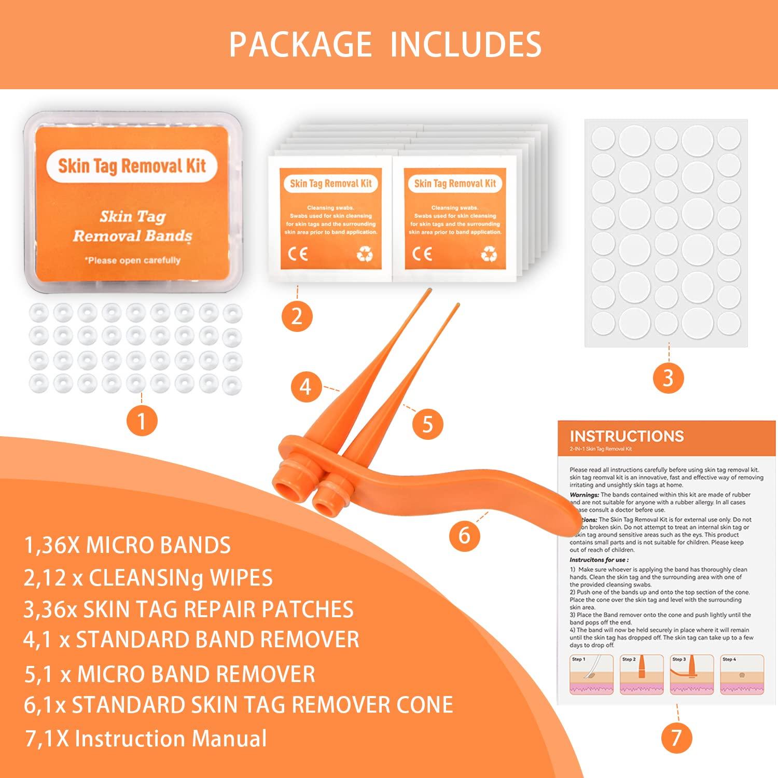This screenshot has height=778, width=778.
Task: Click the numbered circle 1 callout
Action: coord(142,422)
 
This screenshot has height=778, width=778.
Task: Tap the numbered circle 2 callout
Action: coord(297,316)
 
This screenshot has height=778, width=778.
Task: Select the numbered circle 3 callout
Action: coord(668,378)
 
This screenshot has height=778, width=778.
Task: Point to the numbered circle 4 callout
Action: coord(306,387)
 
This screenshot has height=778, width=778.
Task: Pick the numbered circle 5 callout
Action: coord(427,424)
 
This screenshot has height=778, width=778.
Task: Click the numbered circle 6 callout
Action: coord(464,534)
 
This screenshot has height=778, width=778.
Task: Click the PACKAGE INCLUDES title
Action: coord(385,45)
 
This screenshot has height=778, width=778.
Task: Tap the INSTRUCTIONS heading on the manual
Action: coord(627,436)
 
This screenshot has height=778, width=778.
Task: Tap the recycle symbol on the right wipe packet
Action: coord(489,254)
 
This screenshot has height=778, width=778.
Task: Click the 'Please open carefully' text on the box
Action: coord(132,260)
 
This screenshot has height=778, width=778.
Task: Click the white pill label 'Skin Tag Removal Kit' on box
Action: coord(132,166)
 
